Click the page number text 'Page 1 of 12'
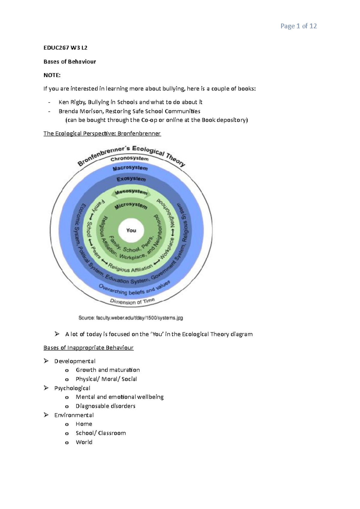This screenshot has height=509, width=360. click(298, 26)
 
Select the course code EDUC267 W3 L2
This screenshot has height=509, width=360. click(65, 48)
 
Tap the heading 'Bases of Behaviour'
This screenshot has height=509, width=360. click(70, 61)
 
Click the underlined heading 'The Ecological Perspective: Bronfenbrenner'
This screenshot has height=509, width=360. click(102, 133)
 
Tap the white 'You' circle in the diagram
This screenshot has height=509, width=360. click(131, 230)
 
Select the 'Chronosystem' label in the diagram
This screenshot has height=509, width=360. click(129, 158)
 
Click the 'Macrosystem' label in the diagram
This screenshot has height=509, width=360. click(130, 168)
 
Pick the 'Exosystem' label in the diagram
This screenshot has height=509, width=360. click(131, 179)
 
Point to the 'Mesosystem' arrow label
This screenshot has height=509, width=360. click(131, 192)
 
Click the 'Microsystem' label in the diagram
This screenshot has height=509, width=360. click(131, 205)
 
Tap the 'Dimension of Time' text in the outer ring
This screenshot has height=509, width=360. click(132, 301)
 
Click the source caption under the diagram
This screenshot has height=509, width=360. click(130, 318)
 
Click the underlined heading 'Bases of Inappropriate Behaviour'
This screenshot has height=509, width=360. click(88, 348)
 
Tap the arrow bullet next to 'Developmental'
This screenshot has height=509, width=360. click(46, 361)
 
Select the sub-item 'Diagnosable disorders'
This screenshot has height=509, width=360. click(105, 406)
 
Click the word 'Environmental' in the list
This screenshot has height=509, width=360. click(74, 415)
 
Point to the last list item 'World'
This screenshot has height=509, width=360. click(84, 442)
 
